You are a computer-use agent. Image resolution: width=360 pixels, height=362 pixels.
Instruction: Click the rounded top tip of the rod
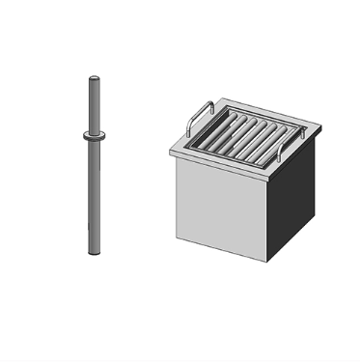pyautogui.click(x=93, y=78)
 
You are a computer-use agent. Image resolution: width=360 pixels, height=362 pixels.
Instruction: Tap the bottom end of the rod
pyautogui.click(x=93, y=251)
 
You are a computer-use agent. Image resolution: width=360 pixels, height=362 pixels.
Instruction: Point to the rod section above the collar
pyautogui.click(x=93, y=106)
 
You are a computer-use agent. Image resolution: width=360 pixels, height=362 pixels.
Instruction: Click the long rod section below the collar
pyautogui.click(x=93, y=193)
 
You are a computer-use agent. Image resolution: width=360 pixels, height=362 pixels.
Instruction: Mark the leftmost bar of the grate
pyautogui.click(x=208, y=130)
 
